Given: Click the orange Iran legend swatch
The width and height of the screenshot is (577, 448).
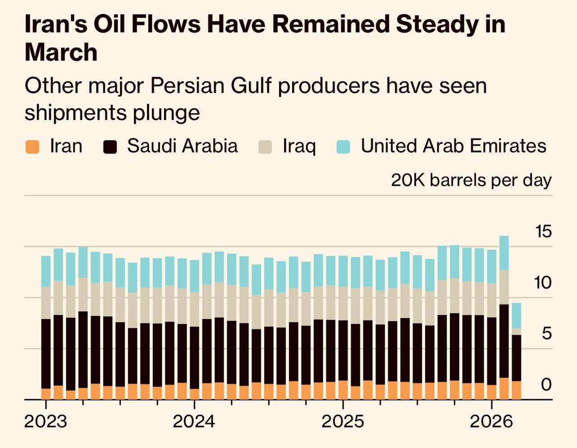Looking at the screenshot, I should click(x=32, y=147).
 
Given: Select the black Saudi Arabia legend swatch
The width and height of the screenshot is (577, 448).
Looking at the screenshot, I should click(x=110, y=147).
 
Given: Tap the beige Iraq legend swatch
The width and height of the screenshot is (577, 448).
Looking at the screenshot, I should click(x=266, y=147).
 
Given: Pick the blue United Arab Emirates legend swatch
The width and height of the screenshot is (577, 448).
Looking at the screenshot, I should click(x=343, y=147).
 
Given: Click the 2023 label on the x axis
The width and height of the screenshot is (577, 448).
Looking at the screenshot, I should click(x=45, y=422).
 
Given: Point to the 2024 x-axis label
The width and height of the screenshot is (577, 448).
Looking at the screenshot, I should click(x=194, y=422).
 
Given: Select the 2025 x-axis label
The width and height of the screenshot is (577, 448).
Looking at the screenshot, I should click(x=343, y=422).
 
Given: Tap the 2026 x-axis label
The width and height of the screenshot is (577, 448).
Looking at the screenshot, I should click(x=491, y=422).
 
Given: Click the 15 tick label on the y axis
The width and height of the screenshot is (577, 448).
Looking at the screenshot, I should click(x=543, y=232).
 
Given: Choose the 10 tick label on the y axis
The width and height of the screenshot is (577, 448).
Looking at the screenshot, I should click(x=543, y=283).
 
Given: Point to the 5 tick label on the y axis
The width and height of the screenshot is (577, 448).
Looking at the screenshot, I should click(x=546, y=334).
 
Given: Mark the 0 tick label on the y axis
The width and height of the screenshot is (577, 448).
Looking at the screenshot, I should click(x=546, y=385).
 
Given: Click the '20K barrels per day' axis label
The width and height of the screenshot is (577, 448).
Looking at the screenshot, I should click(x=471, y=180).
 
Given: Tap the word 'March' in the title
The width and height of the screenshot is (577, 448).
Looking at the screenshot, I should click(x=61, y=52).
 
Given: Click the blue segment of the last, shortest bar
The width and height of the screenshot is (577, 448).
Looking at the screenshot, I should click(x=516, y=315).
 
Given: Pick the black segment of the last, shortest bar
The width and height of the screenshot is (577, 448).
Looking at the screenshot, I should click(x=516, y=358).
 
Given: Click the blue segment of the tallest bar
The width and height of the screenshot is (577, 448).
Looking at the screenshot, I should click(x=504, y=253).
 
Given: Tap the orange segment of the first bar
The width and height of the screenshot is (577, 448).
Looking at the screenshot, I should click(x=46, y=394).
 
